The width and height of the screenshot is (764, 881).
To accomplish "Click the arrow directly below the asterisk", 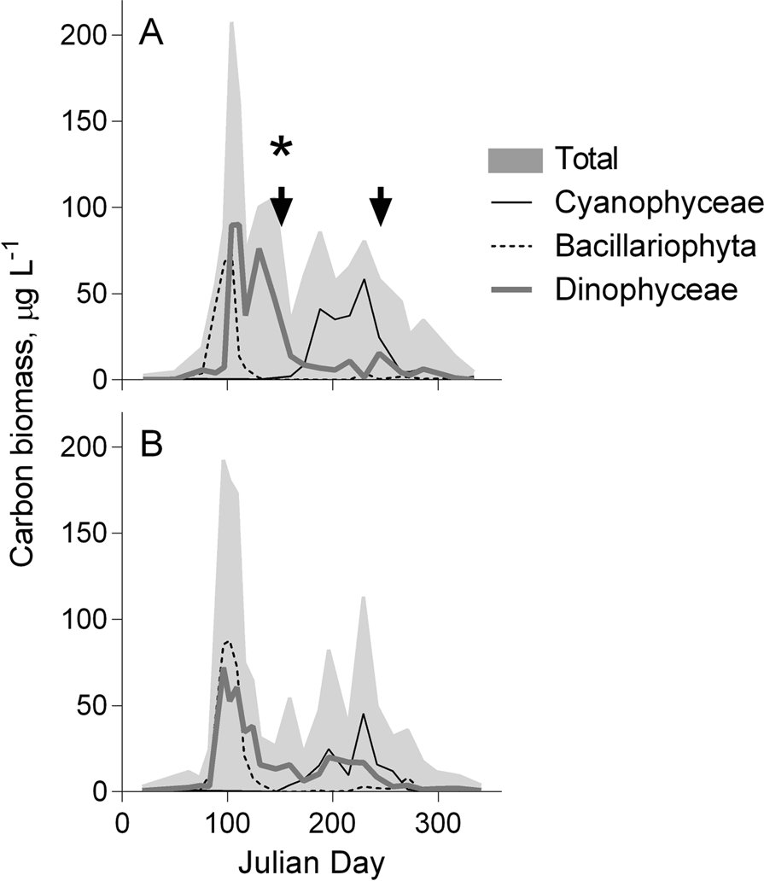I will click(281, 204).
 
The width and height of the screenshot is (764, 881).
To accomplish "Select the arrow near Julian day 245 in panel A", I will click(382, 204).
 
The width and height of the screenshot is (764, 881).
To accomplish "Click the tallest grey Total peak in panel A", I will click(231, 26).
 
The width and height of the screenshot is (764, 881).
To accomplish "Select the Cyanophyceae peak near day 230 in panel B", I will click(364, 714).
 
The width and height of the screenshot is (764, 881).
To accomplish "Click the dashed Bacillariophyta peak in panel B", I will click(227, 641).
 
